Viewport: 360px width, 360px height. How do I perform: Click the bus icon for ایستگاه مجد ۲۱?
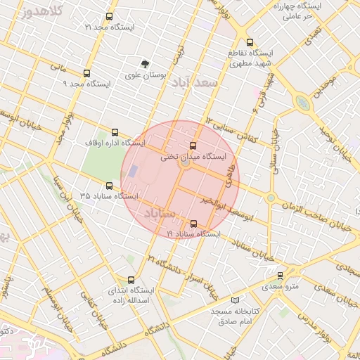108,16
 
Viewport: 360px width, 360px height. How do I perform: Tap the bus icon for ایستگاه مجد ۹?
87,73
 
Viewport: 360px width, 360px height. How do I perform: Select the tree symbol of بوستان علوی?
146,64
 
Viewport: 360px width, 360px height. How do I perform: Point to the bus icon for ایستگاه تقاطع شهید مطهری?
250,42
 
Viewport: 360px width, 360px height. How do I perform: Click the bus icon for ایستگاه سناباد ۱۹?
193,224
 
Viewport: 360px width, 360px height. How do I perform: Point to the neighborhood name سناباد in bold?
162,212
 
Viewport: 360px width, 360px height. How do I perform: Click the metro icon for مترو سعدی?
280,276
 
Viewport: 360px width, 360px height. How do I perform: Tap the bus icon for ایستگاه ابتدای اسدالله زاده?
131,280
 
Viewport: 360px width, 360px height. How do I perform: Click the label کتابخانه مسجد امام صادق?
235,315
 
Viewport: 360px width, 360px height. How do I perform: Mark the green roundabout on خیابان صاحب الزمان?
270,198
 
